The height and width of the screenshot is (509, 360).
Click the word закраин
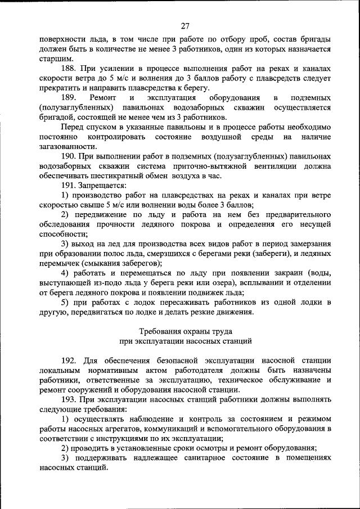(x=264, y=273)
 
